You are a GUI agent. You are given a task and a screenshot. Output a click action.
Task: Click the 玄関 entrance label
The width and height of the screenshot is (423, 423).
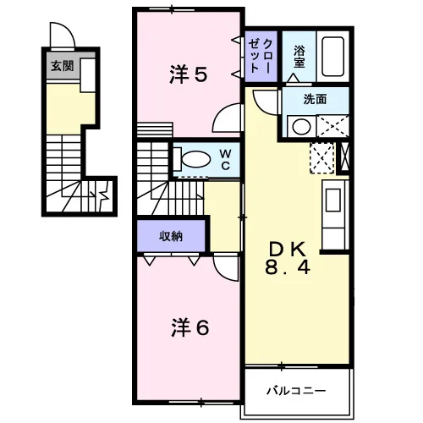(63, 66)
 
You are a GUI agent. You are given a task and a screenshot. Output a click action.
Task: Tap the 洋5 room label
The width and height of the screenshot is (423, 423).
(189, 74)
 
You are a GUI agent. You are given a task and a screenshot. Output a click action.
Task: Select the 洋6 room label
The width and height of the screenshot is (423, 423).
(190, 327)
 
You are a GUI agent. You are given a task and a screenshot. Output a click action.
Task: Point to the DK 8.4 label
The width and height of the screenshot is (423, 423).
(288, 258)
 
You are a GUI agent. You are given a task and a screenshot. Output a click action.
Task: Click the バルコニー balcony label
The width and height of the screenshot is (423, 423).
(296, 391)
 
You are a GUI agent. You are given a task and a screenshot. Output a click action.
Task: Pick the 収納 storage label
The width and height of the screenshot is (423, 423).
(171, 236)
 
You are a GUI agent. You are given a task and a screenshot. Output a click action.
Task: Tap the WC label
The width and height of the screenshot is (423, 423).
(226, 160)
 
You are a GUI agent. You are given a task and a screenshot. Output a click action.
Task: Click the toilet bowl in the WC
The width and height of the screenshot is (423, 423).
(195, 160)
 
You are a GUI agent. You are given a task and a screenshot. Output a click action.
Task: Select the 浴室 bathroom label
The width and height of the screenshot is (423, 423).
(299, 57)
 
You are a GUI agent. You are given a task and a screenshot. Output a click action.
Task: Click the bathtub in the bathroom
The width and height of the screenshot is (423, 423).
(333, 57)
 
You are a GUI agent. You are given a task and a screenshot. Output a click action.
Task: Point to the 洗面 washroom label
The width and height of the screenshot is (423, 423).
(315, 99)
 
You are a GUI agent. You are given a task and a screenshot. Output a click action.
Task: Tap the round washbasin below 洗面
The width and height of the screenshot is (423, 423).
(301, 127)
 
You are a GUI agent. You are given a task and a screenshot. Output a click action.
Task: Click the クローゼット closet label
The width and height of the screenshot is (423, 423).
(261, 57)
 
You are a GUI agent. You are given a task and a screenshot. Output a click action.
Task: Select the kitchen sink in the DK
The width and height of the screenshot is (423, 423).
(333, 200)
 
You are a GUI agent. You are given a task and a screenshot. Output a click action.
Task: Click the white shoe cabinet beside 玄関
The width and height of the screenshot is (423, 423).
(88, 75)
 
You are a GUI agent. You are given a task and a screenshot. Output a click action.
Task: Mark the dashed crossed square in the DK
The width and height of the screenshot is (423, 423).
(322, 158)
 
